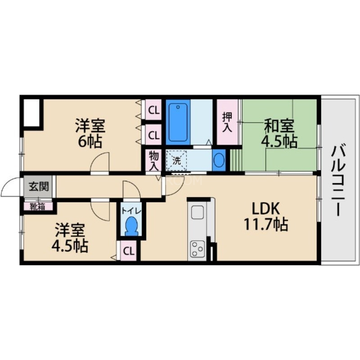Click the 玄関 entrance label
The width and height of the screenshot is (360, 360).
38,185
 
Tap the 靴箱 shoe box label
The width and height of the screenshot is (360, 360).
38,207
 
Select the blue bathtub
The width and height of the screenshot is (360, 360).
178,122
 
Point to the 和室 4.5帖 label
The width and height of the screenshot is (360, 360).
279,133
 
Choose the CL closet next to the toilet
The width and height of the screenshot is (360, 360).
129,251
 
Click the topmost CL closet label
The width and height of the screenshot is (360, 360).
153,110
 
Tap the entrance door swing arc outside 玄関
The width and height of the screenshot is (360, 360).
11,188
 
